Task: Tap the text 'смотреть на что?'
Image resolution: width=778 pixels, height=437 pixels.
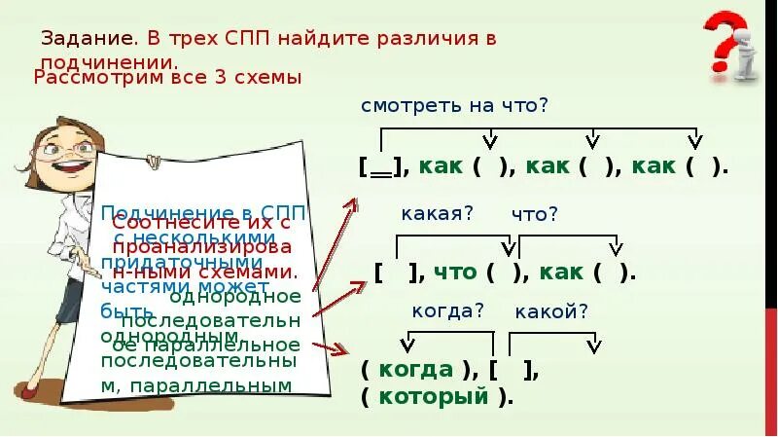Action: [x=454, y=104]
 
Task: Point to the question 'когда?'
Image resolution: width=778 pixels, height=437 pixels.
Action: [x=447, y=310]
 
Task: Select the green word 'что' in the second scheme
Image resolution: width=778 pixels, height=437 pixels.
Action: [x=454, y=273]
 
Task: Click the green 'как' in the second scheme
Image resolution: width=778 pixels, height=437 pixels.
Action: [x=562, y=273]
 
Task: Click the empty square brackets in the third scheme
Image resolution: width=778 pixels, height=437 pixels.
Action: [x=513, y=370]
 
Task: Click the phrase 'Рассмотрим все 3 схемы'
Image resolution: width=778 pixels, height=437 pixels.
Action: [x=167, y=77]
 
